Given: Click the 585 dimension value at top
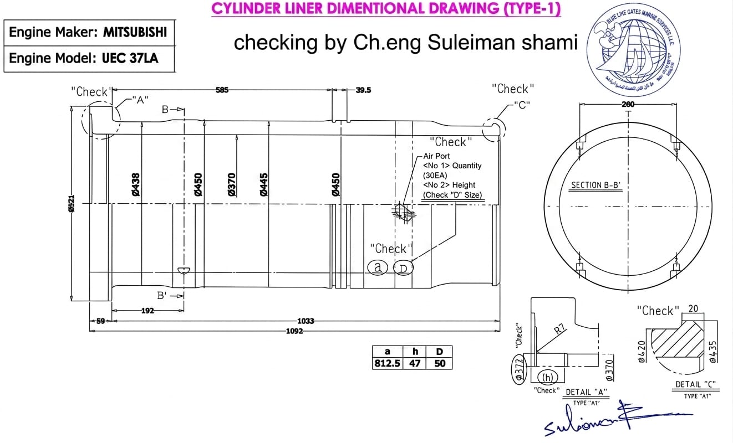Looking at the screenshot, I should tap(222, 90).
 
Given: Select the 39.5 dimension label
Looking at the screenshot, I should tap(363, 90).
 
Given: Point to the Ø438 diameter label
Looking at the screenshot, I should tap(136, 184).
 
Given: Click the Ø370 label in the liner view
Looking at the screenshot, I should tap(232, 184).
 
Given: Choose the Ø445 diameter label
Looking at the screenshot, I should tap(264, 184).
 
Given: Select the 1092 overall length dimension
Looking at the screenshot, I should tap(294, 331).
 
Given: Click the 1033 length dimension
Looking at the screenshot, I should tap(306, 321).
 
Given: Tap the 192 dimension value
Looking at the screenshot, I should tap(147, 311).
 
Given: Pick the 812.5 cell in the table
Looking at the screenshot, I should tap(388, 364).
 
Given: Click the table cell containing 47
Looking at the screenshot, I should tap(415, 364).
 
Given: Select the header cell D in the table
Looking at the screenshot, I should tap(439, 352).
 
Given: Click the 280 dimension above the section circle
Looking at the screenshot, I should tap(628, 104).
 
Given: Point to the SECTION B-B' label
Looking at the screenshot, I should tap(596, 185).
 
